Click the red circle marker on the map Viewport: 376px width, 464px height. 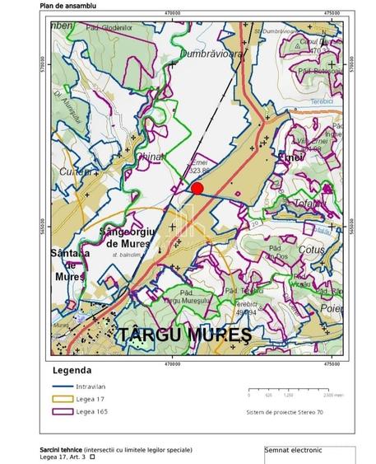click(x=197, y=188)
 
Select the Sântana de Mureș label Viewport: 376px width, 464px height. click(x=69, y=265)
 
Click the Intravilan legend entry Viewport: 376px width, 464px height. click(x=91, y=386)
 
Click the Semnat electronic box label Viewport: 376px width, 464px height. click(x=293, y=450)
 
